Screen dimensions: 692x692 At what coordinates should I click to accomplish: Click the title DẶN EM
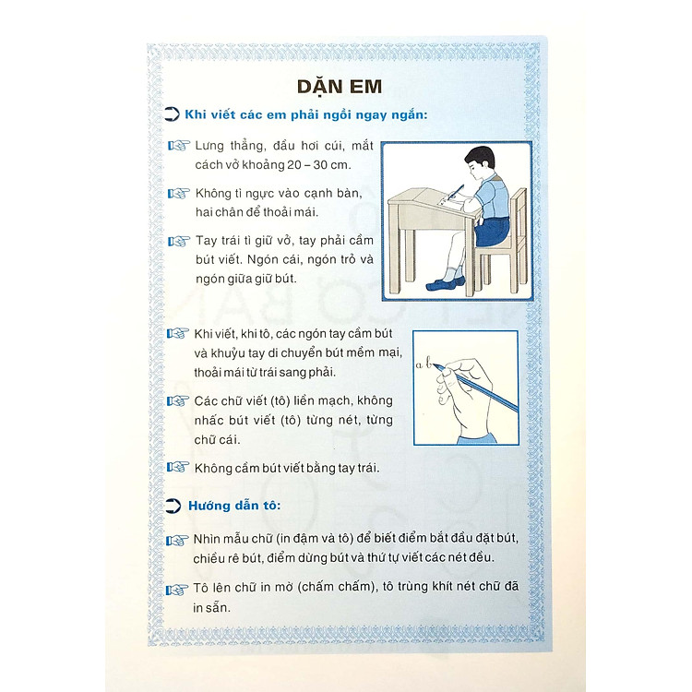tap(339, 87)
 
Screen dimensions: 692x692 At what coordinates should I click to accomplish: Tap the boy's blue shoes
tap(446, 283)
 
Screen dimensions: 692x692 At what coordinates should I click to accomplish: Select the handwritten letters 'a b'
tap(424, 364)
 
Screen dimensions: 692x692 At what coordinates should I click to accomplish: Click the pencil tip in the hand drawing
tap(433, 365)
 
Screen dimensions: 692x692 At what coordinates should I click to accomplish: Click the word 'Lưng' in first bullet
tap(209, 146)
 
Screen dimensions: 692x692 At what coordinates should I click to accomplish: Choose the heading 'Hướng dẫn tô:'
tap(234, 506)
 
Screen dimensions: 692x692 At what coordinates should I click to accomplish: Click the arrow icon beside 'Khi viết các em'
tap(173, 114)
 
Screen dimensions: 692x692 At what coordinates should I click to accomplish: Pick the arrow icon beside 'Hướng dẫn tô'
tap(173, 506)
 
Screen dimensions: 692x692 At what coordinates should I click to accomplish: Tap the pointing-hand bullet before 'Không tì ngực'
tap(179, 194)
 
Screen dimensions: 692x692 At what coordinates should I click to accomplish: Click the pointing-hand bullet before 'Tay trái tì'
tap(179, 242)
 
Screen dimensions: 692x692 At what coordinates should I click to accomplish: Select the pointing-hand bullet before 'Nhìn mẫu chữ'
tap(177, 540)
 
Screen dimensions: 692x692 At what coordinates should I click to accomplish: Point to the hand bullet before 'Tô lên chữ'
tap(177, 590)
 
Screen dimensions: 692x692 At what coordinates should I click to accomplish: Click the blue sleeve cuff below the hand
tap(477, 438)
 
